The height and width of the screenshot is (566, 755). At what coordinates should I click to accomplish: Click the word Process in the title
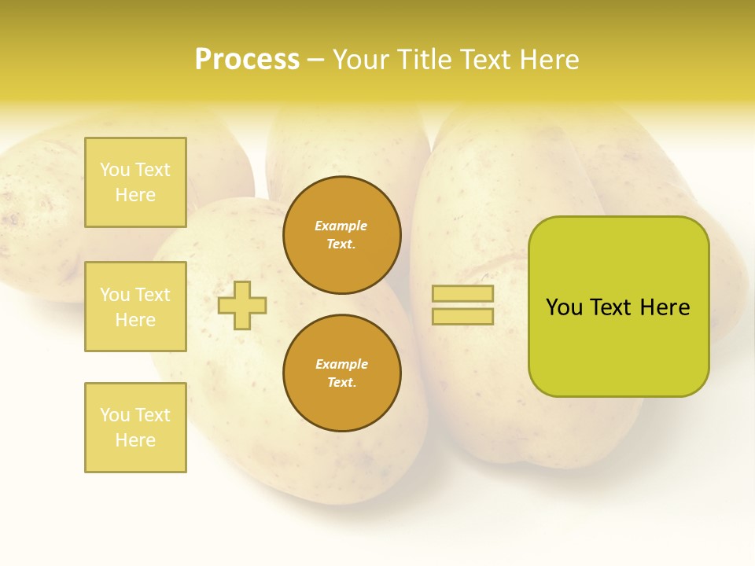pyautogui.click(x=247, y=60)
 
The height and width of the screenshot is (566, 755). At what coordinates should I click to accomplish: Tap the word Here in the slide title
pyautogui.click(x=550, y=60)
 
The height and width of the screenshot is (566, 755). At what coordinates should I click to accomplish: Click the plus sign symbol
pyautogui.click(x=242, y=305)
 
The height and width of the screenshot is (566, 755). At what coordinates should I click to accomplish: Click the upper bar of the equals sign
pyautogui.click(x=463, y=294)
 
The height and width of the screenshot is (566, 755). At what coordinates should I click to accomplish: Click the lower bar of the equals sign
pyautogui.click(x=463, y=317)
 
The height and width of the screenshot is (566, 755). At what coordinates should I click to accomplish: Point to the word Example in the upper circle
pyautogui.click(x=341, y=226)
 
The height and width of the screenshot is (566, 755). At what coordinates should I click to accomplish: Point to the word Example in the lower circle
pyautogui.click(x=341, y=364)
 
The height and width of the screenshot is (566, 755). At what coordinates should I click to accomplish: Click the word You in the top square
pyautogui.click(x=115, y=170)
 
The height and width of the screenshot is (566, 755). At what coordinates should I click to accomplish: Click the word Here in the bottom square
pyautogui.click(x=135, y=440)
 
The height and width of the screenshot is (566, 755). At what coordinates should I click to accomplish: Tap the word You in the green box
pyautogui.click(x=565, y=307)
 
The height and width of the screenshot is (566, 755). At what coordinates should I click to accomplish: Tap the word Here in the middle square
pyautogui.click(x=135, y=320)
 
